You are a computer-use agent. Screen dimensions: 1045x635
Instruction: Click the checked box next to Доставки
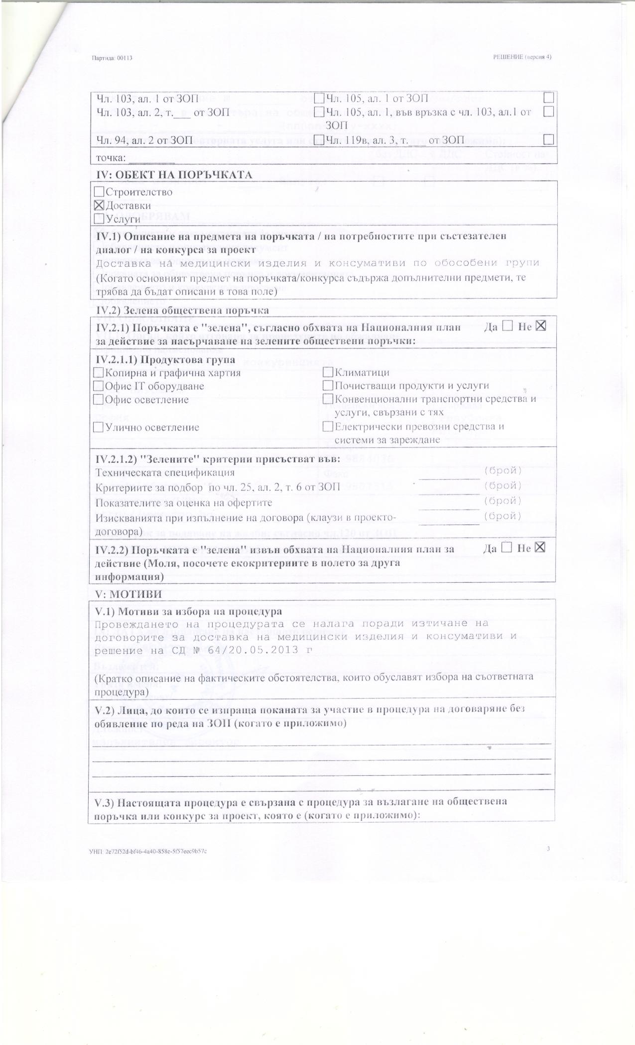pyautogui.click(x=98, y=205)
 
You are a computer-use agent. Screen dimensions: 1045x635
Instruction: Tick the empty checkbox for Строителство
pyautogui.click(x=98, y=192)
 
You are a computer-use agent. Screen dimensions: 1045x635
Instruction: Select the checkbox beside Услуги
pyautogui.click(x=98, y=218)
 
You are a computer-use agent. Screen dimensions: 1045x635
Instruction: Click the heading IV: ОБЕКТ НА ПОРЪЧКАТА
pyautogui.click(x=174, y=175)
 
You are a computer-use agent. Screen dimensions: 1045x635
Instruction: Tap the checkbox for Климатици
pyautogui.click(x=328, y=372)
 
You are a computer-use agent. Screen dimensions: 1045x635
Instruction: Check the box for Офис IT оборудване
pyautogui.click(x=98, y=386)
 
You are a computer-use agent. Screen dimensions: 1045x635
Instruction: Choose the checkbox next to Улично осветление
pyautogui.click(x=98, y=427)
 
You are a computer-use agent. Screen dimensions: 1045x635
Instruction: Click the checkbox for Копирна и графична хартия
pyautogui.click(x=98, y=372)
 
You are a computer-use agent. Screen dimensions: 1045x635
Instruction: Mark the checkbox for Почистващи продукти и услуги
pyautogui.click(x=328, y=386)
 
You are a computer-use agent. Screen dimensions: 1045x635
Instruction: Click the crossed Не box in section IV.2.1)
pyautogui.click(x=541, y=326)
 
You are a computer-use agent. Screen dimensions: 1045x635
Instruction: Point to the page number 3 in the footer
pyautogui.click(x=547, y=849)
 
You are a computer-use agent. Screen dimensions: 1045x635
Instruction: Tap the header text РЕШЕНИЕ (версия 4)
pyautogui.click(x=521, y=57)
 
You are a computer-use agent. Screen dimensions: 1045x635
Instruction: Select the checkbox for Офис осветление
pyautogui.click(x=98, y=399)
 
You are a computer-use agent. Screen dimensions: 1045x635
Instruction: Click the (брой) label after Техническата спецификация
pyautogui.click(x=503, y=470)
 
